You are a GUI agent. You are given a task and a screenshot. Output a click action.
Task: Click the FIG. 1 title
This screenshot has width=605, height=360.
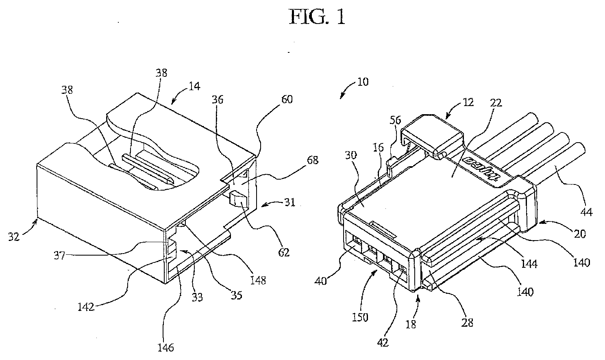click(x=317, y=17)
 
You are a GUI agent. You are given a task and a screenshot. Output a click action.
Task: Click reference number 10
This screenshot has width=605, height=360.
click(x=363, y=82)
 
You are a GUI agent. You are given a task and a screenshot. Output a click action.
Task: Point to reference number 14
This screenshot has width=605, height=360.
click(x=194, y=87)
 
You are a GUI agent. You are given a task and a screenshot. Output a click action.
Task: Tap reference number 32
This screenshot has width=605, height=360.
click(x=14, y=236)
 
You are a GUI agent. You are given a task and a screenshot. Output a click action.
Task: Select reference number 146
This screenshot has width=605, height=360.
click(x=165, y=347)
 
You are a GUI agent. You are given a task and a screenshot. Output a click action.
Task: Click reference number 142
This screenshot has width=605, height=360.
click(x=86, y=307)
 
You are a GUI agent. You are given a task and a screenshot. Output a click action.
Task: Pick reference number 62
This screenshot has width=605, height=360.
click(x=284, y=252)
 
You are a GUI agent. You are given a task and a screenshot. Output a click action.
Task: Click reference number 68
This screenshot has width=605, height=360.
click(x=313, y=160)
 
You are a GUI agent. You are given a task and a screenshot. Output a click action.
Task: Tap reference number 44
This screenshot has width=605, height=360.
click(x=586, y=212)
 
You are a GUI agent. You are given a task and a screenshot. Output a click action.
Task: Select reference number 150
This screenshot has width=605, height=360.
click(x=360, y=317)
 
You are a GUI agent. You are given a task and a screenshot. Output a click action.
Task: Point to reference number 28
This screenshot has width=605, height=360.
click(x=468, y=323)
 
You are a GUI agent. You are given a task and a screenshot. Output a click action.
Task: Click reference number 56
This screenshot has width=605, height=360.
click(x=396, y=120)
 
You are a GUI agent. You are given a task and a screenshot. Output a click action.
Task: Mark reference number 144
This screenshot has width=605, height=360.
click(x=529, y=263)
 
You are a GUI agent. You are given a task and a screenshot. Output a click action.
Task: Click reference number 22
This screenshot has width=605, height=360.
click(x=496, y=103)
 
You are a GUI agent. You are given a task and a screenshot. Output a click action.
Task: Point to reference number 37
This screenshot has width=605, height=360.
click(x=60, y=255)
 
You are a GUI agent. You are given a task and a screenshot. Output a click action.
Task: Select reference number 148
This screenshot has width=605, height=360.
click(x=258, y=280)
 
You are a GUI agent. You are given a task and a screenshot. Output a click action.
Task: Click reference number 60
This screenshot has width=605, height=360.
click(x=287, y=100)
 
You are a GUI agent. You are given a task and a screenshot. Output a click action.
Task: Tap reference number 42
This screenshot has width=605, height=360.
click(x=383, y=343)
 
